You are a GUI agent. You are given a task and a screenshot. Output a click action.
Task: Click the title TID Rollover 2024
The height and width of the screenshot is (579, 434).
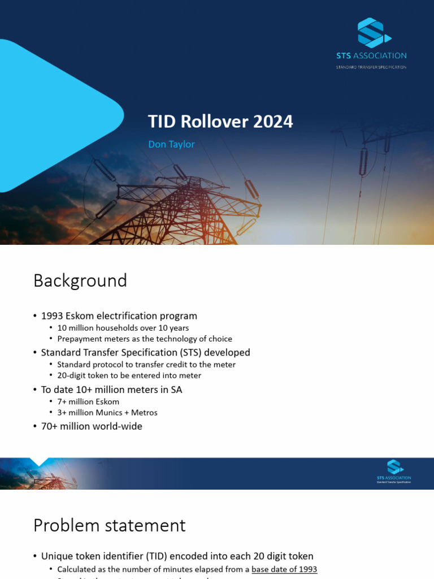220,122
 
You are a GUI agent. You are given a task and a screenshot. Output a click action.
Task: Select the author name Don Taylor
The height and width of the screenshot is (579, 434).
171,144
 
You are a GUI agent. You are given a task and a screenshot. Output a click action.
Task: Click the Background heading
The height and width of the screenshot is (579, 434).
80,280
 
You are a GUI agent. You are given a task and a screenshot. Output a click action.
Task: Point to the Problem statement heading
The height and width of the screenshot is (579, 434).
109,525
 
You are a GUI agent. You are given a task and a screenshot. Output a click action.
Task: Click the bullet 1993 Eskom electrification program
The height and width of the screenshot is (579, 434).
119,316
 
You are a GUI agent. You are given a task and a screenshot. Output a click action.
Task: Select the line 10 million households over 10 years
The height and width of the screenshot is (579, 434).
123,328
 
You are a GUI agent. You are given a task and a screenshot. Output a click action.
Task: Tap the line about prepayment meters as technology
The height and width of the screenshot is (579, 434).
145,339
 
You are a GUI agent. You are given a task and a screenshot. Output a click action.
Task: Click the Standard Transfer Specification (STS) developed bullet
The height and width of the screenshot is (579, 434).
145,353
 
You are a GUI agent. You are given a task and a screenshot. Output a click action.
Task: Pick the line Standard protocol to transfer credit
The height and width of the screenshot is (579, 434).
146,365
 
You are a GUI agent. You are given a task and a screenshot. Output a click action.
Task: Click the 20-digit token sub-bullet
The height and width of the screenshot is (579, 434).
129,375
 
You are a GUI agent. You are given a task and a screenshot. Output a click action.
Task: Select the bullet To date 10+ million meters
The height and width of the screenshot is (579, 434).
111,390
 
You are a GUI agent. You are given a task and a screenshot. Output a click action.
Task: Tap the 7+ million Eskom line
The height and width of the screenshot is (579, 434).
88,401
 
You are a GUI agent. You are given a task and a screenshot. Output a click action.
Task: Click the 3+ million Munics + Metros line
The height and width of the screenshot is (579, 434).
107,413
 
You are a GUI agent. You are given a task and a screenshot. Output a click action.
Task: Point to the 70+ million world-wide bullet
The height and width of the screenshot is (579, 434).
92,426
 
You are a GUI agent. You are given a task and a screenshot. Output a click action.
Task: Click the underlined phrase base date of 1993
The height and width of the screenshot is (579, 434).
284,569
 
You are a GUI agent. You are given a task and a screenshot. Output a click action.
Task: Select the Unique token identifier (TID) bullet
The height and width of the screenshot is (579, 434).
177,556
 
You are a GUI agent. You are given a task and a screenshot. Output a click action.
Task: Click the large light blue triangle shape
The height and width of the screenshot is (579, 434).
57,113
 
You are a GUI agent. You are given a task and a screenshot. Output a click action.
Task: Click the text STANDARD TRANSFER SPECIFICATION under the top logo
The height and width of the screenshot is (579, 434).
371,67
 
